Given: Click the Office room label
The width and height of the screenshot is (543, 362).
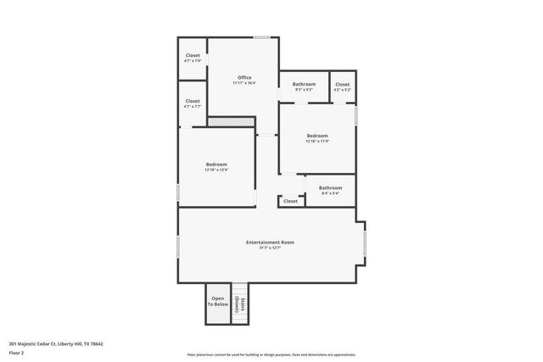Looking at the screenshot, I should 244,77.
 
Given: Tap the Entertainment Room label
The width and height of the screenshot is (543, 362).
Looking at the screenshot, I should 270,242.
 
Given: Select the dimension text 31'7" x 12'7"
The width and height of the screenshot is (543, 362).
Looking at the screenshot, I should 270,248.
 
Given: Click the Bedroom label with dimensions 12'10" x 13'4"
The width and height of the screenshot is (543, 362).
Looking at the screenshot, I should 216,164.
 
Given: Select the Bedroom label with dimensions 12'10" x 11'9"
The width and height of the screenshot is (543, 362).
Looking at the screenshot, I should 317,136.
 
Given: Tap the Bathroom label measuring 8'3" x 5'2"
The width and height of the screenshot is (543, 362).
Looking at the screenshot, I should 305,84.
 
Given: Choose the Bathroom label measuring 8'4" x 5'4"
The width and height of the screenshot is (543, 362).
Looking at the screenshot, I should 330,187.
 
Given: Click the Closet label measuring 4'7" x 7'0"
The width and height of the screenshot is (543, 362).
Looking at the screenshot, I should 193,55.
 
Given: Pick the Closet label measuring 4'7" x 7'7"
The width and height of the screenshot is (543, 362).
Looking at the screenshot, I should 193,102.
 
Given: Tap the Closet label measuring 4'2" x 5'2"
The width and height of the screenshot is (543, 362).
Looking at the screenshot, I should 342,84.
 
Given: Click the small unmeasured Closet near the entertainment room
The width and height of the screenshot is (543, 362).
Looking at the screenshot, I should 290,201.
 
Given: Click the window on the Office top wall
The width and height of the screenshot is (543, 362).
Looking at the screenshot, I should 262,37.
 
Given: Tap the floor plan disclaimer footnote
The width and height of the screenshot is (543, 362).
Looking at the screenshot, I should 271,354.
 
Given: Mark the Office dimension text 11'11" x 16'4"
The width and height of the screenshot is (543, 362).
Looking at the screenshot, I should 244,83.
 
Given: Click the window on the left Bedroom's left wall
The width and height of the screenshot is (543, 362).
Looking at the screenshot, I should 178,192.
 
